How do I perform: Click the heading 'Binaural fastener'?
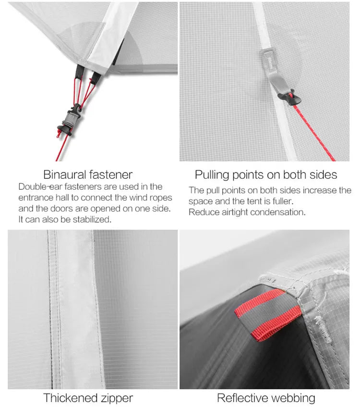[x=88, y=175]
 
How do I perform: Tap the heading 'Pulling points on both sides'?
[x=266, y=175]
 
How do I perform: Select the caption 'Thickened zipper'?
[x=88, y=398]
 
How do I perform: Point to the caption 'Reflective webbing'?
[x=266, y=398]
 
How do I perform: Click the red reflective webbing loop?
[x=268, y=315]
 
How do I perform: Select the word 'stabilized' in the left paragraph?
[x=91, y=220]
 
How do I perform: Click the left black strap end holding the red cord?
[x=79, y=72]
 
